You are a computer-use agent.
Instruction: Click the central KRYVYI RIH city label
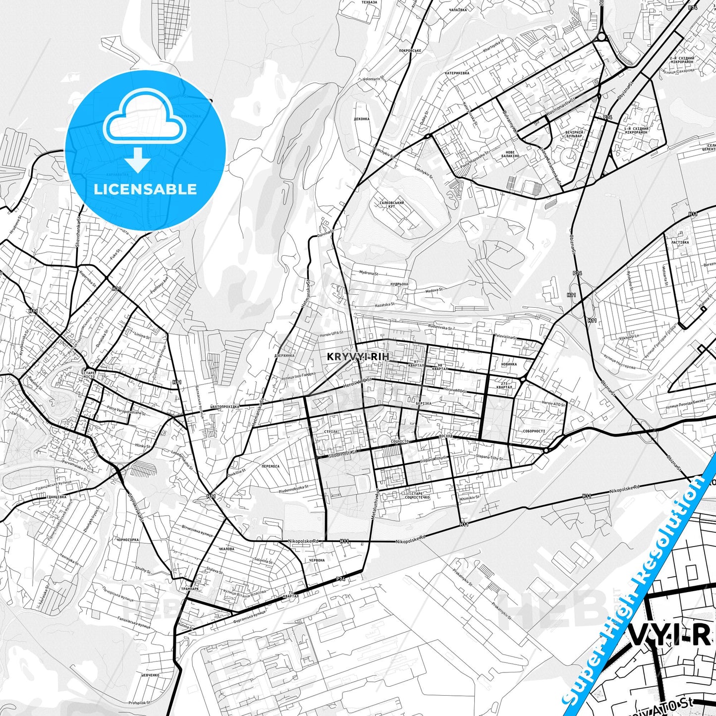[x=358, y=357]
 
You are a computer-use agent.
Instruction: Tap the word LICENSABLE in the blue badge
[x=145, y=189]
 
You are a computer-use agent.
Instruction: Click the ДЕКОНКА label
[x=362, y=119]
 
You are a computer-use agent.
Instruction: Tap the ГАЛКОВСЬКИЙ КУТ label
[x=391, y=205]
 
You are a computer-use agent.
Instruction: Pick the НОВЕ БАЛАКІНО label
[x=510, y=154]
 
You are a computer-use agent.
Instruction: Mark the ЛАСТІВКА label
[x=679, y=243]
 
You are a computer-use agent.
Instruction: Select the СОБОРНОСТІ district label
[x=534, y=431]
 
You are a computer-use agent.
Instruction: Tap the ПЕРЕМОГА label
[x=270, y=466]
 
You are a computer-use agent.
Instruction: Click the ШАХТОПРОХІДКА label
[x=224, y=407]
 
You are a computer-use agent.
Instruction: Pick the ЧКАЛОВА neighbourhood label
[x=226, y=549]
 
